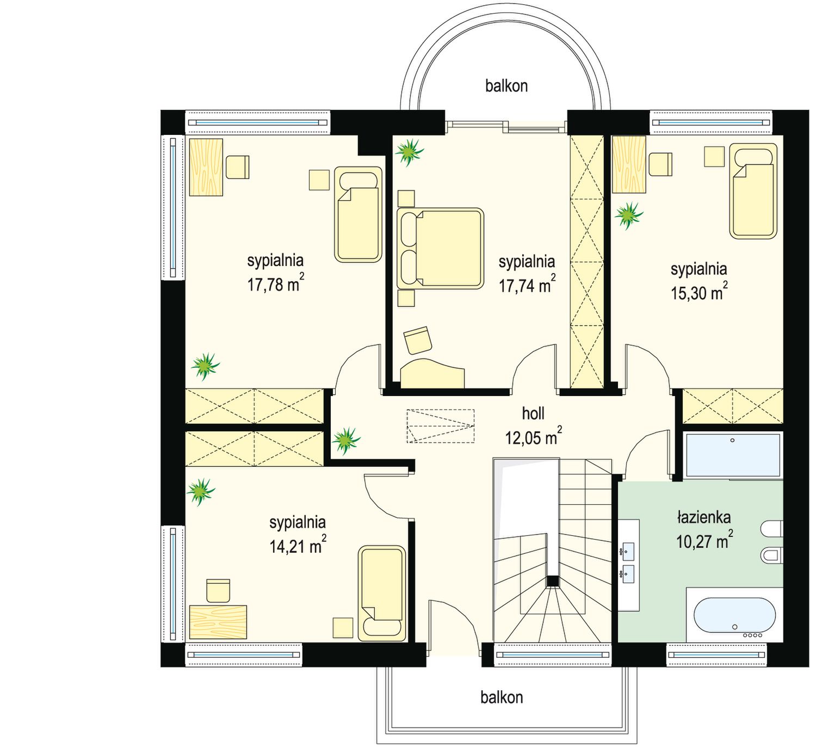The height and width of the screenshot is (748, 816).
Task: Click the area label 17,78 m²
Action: tap(276, 283)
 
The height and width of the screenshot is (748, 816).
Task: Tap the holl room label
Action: tap(533, 413)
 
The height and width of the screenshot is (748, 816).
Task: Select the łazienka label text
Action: tap(704, 517)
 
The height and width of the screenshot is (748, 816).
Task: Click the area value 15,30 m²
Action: tap(699, 292)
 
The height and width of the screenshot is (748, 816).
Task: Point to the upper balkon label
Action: tap(506, 86)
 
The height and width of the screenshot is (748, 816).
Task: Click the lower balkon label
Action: tap(502, 697)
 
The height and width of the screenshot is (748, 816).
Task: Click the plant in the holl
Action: tap(346, 440)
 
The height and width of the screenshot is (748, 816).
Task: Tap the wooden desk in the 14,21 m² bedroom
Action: tap(218, 622)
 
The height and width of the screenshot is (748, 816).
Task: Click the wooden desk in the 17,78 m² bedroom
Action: tap(206, 167)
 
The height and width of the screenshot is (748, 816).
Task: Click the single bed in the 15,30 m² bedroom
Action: tap(753, 191)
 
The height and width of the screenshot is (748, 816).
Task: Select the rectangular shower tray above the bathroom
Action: tap(733, 454)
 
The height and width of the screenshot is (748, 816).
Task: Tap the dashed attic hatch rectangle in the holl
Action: tap(441, 426)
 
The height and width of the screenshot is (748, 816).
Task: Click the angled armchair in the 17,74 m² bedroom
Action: tap(417, 340)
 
